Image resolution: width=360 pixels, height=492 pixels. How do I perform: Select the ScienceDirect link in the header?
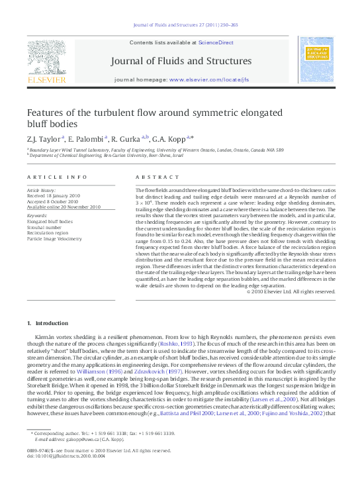216,42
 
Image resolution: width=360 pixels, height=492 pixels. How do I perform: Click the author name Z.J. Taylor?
44,138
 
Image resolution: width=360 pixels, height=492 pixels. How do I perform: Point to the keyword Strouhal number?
48,227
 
